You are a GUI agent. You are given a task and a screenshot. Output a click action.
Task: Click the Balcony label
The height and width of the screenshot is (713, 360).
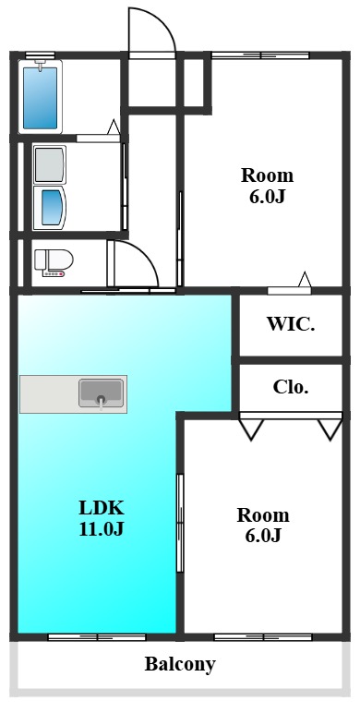[180, 665]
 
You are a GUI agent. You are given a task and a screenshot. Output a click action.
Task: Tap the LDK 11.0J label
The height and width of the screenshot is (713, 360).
[102, 518]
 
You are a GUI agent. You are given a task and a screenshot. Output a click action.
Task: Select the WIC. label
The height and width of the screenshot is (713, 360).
[291, 324]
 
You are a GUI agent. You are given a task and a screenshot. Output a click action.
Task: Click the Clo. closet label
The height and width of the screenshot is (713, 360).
[291, 387]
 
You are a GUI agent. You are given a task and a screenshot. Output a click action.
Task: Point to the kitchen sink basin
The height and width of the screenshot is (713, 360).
[101, 393]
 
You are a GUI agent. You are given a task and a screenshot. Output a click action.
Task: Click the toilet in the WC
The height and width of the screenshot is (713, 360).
[54, 262]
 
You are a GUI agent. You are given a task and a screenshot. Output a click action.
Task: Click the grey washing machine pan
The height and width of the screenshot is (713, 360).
[50, 164]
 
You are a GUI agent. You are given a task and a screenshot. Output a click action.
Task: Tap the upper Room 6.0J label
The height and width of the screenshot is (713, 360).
[267, 186]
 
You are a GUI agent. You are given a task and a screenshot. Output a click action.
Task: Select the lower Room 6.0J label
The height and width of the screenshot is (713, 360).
[263, 526]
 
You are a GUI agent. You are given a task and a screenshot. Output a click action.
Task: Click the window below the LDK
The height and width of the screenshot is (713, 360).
[97, 637]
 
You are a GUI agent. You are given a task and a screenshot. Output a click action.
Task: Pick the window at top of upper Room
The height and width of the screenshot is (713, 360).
[260, 55]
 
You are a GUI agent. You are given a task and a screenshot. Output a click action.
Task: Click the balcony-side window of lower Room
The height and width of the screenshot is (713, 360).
[263, 637]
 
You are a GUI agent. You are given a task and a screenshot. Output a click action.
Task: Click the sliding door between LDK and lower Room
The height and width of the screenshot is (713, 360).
[180, 523]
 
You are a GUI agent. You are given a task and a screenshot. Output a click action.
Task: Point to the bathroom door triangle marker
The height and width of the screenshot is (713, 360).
[114, 127]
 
